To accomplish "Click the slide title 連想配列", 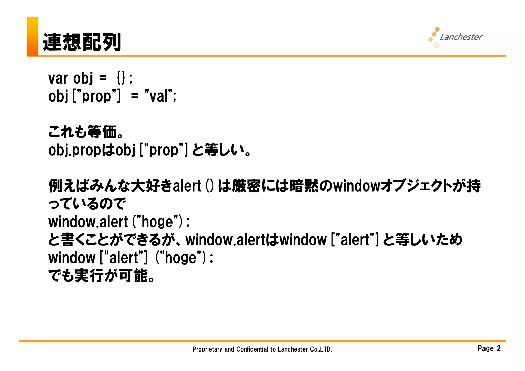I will [82, 42].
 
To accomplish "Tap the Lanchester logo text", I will [461, 37].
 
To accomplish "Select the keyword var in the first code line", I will [58, 78].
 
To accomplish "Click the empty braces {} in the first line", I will [121, 78].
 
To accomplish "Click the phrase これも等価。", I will [86, 132].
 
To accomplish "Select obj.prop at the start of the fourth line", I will [75, 150].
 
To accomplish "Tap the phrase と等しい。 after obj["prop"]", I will [221, 150].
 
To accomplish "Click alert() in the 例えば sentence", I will [193, 186].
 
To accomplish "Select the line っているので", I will [87, 204].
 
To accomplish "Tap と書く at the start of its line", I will [66, 240].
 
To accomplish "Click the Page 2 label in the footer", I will [489, 348].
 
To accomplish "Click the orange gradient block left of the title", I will [33, 36].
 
